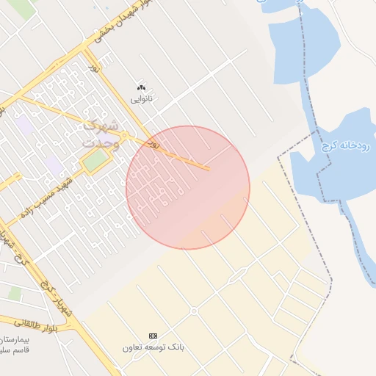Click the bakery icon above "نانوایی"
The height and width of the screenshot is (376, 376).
tap(142, 87)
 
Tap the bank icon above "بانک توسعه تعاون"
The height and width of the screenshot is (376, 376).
tap(153, 335)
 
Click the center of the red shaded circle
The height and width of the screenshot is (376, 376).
tap(188, 187)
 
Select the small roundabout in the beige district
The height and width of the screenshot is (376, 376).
tap(194, 311)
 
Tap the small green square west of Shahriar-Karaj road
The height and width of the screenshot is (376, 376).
tap(15, 293)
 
